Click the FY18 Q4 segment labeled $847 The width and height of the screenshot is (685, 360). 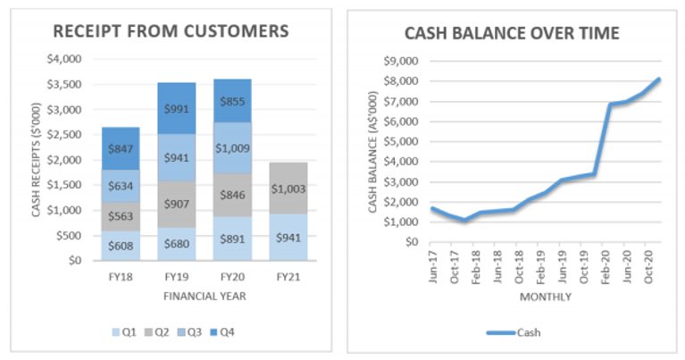[120, 148]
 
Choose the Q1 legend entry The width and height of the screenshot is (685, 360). [126, 332]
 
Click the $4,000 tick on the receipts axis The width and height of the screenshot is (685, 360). [63, 60]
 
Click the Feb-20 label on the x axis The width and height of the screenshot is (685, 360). [606, 263]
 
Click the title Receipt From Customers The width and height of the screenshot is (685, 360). [171, 31]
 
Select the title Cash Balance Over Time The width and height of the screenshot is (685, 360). [513, 34]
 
